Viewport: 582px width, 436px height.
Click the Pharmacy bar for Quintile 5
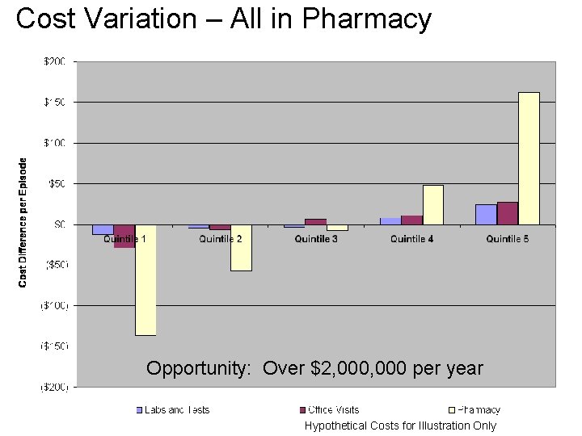[529, 158]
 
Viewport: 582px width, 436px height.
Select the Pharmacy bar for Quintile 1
[145, 279]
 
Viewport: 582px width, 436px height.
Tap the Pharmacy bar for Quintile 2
[241, 247]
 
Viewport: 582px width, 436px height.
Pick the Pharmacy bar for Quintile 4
[433, 205]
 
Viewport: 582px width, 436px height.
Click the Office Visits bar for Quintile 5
[508, 213]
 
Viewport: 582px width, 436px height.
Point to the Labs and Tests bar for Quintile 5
[486, 214]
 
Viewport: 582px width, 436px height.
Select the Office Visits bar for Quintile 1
[124, 236]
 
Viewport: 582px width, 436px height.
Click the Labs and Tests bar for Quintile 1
[103, 229]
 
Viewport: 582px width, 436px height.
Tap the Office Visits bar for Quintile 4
[411, 220]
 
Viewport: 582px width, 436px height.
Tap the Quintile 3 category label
[316, 239]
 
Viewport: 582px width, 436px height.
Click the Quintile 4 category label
[411, 239]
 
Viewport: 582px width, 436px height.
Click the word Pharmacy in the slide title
[367, 19]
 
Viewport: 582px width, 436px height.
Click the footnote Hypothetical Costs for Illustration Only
[400, 426]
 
